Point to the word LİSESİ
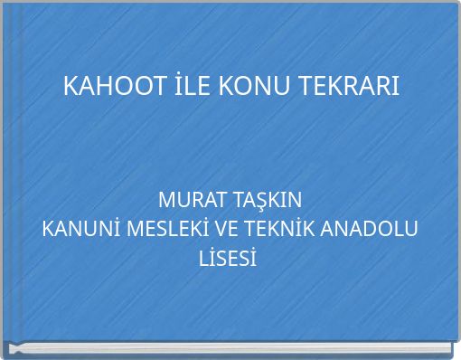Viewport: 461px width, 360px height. coord(229,260)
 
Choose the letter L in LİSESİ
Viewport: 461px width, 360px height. coord(204,260)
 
